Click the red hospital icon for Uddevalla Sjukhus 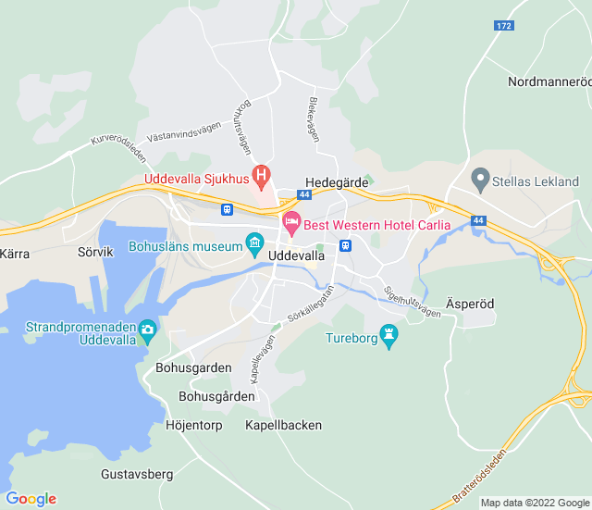(262, 172)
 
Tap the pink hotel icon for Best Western (291, 223)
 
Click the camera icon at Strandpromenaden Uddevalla (147, 329)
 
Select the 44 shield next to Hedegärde (304, 195)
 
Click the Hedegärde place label (338, 183)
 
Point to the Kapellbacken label (283, 425)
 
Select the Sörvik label (94, 251)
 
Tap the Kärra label (15, 252)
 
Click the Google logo (31, 499)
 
